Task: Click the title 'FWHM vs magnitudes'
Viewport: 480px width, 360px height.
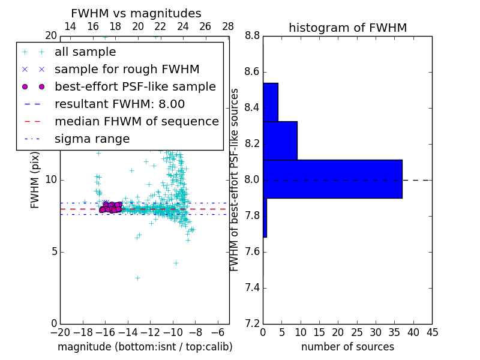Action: point(136,14)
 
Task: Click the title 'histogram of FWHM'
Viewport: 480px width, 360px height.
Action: point(347,28)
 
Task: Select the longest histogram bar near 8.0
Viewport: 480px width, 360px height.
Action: point(332,179)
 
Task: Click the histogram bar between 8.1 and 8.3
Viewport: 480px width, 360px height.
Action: point(280,140)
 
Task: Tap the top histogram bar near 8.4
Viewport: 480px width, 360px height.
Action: point(271,102)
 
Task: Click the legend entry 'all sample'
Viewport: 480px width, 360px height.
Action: point(85,52)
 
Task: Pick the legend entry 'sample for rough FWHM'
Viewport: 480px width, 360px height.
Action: point(127,70)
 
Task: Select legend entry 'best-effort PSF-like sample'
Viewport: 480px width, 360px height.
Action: point(135,87)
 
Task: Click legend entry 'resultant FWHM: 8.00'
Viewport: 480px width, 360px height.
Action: point(119,104)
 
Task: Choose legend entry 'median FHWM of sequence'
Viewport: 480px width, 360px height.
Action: point(136,122)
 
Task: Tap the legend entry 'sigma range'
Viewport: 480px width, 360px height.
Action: point(92,139)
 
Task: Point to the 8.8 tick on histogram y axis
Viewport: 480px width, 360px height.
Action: point(253,36)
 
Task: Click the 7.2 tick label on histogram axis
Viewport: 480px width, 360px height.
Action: point(253,323)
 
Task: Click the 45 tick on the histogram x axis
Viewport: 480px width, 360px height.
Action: point(432,332)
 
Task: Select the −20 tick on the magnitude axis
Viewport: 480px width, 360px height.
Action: point(60,332)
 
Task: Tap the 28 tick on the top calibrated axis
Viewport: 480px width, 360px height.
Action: point(228,26)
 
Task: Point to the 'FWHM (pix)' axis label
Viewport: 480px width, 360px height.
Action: point(35,180)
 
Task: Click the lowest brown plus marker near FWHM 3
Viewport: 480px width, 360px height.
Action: point(137,278)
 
